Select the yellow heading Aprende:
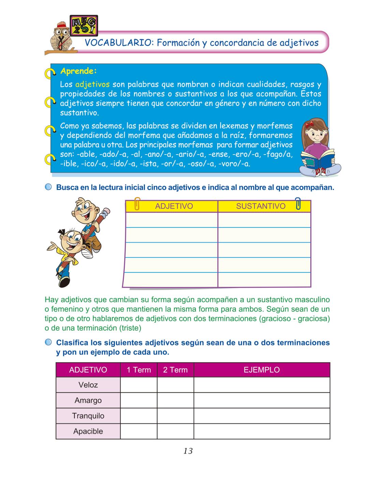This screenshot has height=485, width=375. click(78, 71)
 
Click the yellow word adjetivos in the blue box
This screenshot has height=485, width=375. click(92, 84)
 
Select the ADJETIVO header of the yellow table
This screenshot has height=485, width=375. click(174, 206)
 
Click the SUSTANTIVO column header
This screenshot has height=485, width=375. click(260, 206)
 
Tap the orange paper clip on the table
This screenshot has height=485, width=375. click(137, 204)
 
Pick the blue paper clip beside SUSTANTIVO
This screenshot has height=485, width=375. click(298, 203)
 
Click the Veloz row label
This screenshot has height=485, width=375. click(88, 385)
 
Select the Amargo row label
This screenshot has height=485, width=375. click(88, 400)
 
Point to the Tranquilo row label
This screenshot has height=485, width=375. click(88, 416)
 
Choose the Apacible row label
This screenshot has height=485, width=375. click(88, 431)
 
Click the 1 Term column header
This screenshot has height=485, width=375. click(139, 370)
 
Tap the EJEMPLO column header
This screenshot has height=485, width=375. click(261, 370)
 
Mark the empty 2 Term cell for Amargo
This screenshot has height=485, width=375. click(175, 400)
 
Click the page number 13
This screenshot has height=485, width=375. click(188, 451)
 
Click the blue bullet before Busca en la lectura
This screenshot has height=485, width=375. click(48, 187)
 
